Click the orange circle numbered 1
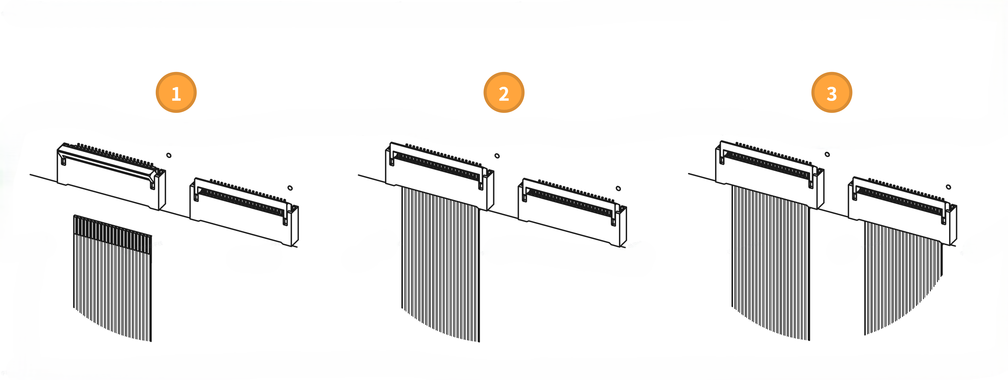point(176,92)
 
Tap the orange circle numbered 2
point(504,92)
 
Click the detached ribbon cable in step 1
point(112,278)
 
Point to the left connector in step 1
point(111,176)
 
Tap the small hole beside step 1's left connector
point(169,155)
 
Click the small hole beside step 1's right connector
point(290,188)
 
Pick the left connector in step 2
point(439,176)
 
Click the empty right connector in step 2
point(572,213)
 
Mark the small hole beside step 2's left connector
point(497,156)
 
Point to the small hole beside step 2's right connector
point(618,188)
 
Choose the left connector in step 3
point(770,175)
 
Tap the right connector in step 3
point(902,211)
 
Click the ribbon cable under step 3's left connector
point(771,262)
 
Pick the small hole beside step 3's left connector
point(827,154)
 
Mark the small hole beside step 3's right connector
point(949,187)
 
